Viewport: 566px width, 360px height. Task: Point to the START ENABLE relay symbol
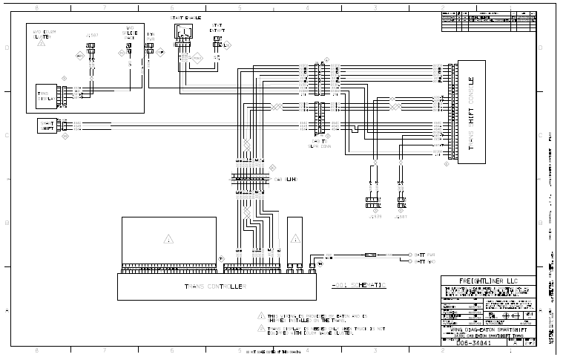point(182,33)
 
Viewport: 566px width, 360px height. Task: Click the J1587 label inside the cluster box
point(91,36)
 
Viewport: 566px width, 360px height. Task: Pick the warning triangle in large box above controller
point(169,240)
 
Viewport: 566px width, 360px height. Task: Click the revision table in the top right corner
point(487,22)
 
